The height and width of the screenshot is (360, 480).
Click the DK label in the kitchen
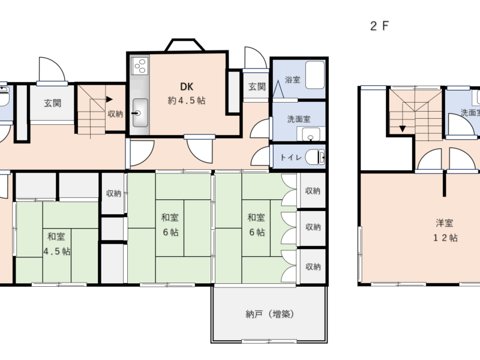(187, 86)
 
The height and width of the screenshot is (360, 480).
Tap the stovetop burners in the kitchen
(140, 66)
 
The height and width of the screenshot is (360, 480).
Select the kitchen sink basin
(140, 113)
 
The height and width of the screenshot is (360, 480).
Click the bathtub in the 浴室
(315, 76)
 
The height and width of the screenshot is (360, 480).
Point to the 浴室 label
(292, 80)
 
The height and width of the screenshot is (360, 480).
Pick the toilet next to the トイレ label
(316, 157)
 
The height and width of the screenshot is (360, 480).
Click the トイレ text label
(291, 157)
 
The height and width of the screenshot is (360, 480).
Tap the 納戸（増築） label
(269, 314)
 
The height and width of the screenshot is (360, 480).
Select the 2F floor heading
(379, 26)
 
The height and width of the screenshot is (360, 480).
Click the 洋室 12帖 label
(445, 230)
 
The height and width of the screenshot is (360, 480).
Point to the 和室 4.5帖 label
(56, 244)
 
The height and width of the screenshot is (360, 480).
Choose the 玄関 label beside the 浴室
(257, 86)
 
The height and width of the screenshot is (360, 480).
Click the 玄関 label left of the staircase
(52, 103)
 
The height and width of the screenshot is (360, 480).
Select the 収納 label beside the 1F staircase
(115, 114)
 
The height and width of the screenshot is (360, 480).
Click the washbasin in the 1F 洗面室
(311, 134)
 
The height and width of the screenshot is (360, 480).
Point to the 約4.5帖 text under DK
(187, 100)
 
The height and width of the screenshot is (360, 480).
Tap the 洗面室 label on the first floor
(299, 119)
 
